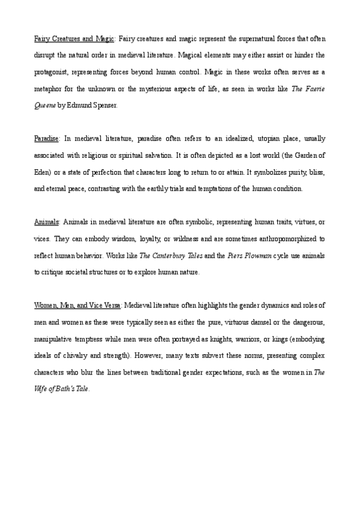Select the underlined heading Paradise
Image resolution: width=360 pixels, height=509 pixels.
tap(46, 139)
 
